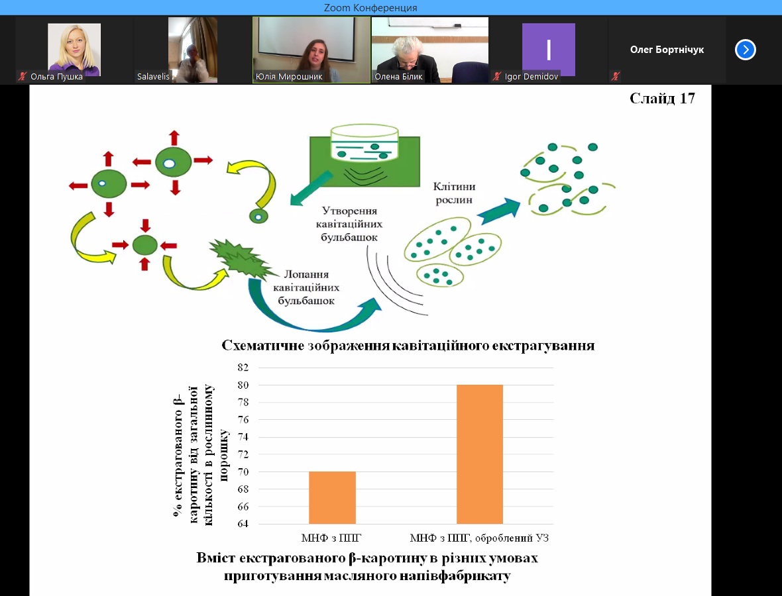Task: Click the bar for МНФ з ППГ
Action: [x=332, y=497]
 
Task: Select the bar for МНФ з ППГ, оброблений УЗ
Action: [x=480, y=454]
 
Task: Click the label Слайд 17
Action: [x=661, y=99]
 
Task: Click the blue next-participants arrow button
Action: [x=746, y=50]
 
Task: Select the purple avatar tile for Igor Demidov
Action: [x=548, y=50]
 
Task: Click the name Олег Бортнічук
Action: [x=667, y=50]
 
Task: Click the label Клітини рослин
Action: [x=455, y=193]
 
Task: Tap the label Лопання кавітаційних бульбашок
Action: [x=306, y=287]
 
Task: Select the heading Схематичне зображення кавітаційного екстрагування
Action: [x=408, y=346]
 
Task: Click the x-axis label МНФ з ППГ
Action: [x=331, y=538]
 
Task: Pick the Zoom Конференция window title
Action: [x=370, y=7]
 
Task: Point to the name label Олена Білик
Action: [x=398, y=77]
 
